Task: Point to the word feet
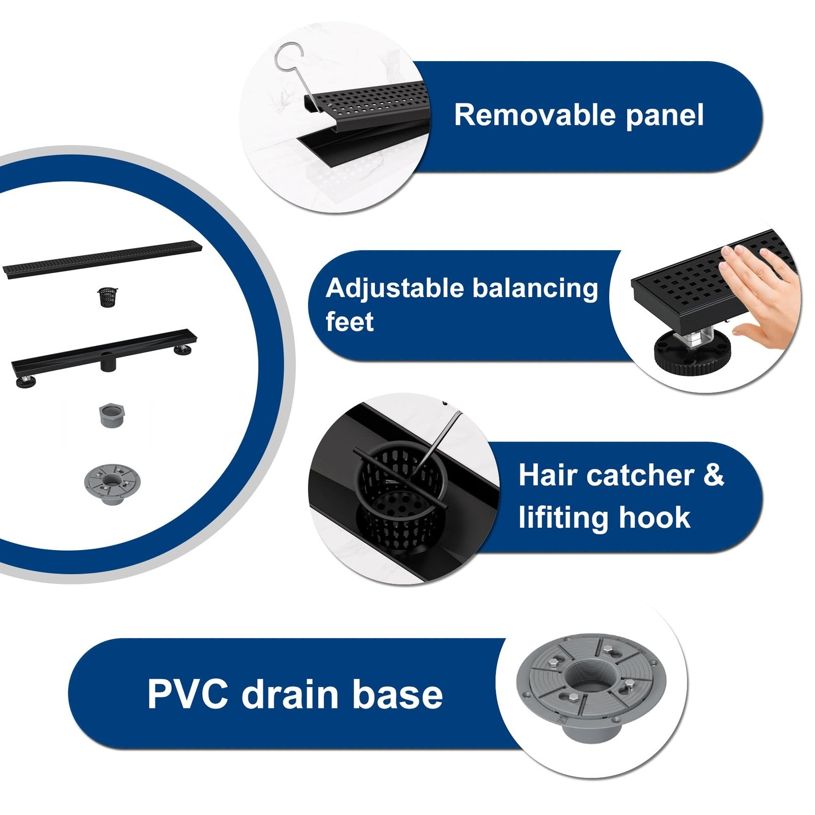(x=349, y=322)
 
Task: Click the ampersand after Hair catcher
(x=714, y=475)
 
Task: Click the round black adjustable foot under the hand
(x=692, y=352)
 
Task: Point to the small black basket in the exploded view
(x=107, y=297)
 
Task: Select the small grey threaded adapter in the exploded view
(x=112, y=415)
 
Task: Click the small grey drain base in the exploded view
(x=111, y=483)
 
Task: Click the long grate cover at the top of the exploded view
(x=102, y=259)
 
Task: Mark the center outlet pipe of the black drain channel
(x=108, y=363)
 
